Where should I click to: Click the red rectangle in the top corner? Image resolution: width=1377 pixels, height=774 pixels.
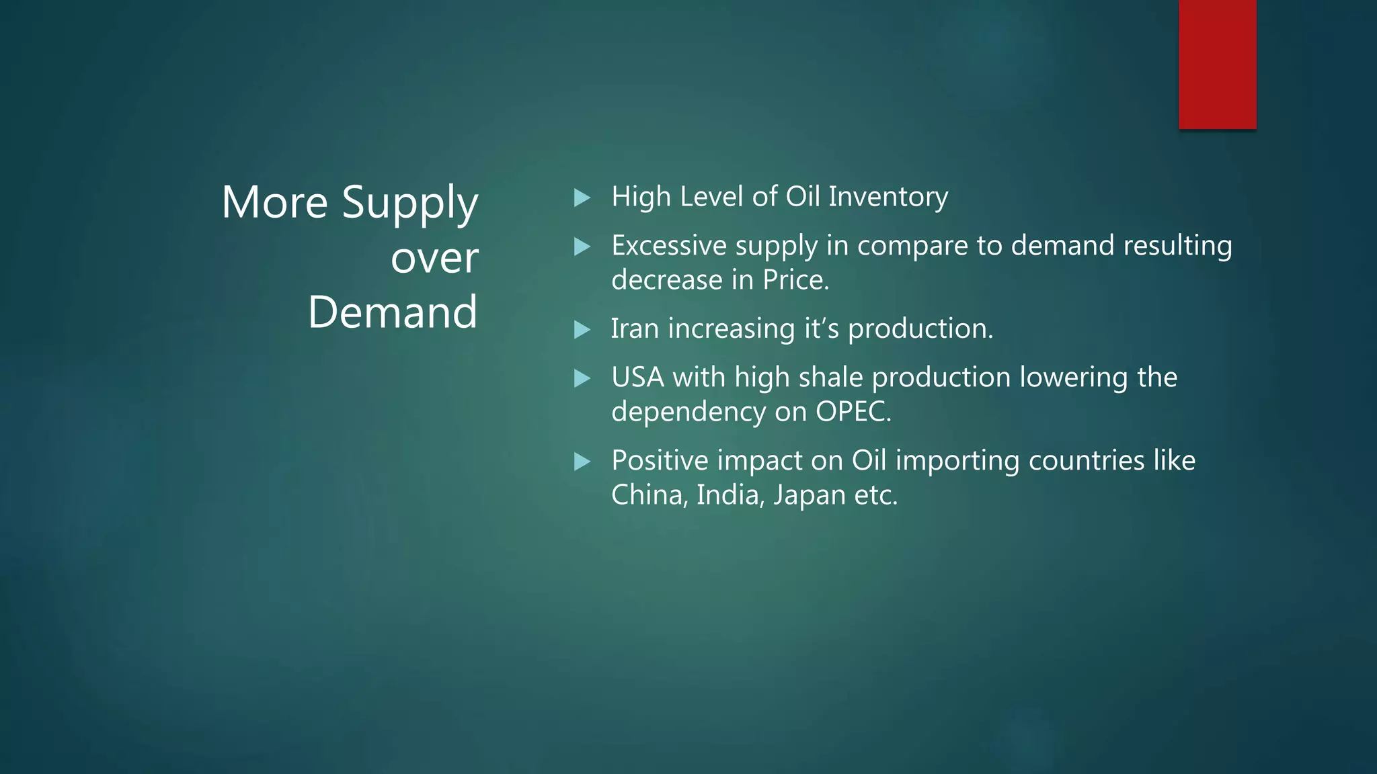[1217, 64]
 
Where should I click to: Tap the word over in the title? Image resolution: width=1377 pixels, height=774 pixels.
[434, 258]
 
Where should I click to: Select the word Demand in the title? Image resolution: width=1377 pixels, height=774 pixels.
[393, 312]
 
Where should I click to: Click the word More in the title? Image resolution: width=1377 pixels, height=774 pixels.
[274, 203]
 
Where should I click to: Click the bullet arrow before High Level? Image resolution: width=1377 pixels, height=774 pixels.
[582, 198]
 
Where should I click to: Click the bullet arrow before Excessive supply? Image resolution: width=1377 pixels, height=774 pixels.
[582, 247]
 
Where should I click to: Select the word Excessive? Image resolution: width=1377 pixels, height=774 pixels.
[668, 246]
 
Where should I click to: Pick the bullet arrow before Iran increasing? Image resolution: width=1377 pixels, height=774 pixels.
[582, 330]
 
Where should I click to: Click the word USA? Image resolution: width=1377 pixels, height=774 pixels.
[637, 378]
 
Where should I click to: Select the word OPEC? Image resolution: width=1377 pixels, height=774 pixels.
[851, 412]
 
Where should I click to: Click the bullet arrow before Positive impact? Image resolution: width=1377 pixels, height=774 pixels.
[582, 462]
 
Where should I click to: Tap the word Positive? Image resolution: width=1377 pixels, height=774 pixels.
[659, 461]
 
